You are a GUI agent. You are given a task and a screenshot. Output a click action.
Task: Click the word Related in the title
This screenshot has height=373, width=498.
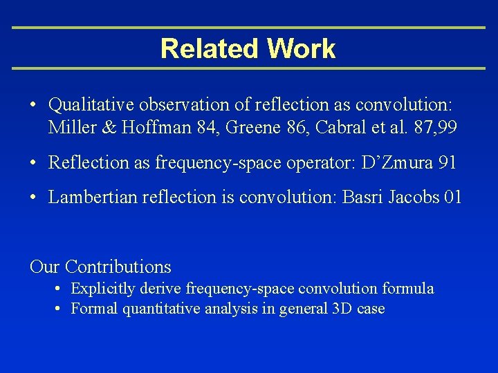210,48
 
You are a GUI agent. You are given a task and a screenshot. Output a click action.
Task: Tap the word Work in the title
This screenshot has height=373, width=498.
301,48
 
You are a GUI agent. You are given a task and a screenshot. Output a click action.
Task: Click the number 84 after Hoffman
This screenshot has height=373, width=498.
198,127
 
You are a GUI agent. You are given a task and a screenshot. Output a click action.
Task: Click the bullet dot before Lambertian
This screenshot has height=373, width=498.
34,198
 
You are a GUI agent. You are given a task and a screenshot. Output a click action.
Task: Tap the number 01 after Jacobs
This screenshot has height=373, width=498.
453,197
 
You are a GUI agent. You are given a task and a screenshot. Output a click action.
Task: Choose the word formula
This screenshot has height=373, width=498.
410,288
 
